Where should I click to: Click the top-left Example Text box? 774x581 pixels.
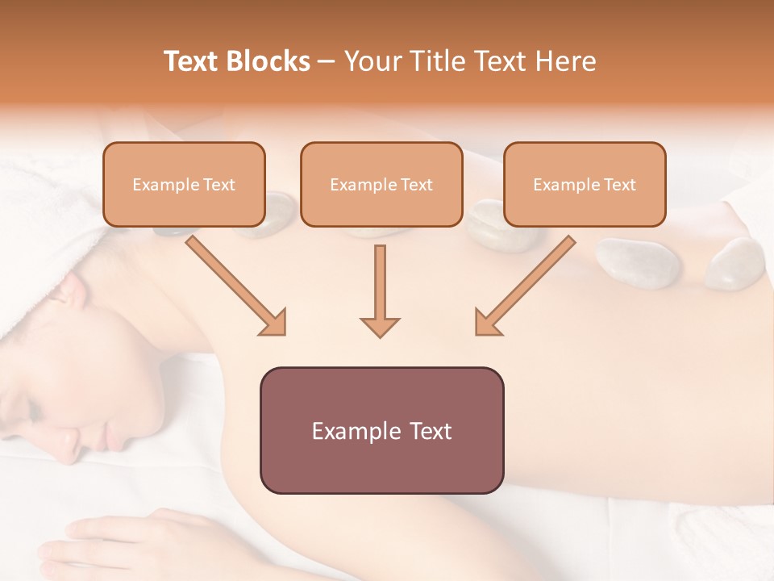click(184, 184)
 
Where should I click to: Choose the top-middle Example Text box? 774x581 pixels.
click(381, 184)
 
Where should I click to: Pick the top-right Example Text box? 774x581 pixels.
click(585, 184)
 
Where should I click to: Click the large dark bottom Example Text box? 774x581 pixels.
click(381, 430)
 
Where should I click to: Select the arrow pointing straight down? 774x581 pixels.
click(380, 290)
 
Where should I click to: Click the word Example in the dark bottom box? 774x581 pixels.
click(346, 431)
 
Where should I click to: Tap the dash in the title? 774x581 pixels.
click(327, 62)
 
